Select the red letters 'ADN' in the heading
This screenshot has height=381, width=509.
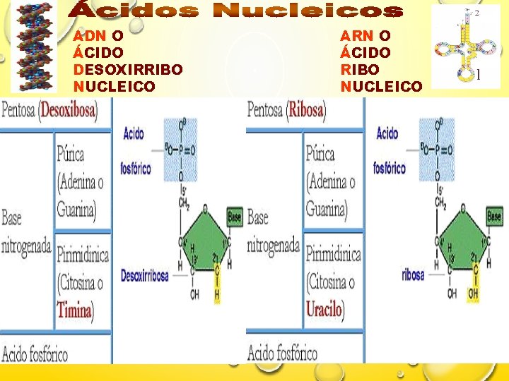90,35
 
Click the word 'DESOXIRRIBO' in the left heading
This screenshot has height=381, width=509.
128,69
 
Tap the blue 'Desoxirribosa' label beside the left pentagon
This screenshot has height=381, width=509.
145,275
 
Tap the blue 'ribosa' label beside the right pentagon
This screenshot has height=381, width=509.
413,274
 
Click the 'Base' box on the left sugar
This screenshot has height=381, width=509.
234,217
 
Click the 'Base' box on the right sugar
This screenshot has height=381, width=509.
495,217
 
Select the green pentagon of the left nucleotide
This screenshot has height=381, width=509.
204,240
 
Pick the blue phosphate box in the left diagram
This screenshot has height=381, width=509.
181,150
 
